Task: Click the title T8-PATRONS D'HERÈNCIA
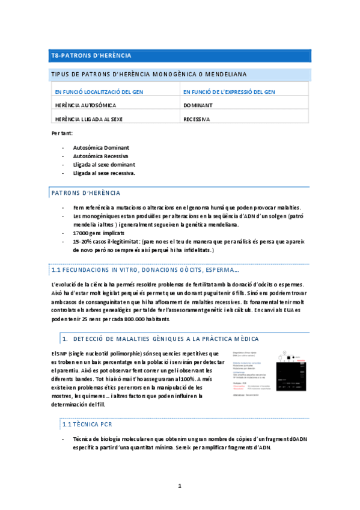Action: pyautogui.click(x=91, y=56)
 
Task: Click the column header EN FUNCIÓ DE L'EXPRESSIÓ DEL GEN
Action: pyautogui.click(x=229, y=92)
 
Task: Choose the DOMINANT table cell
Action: pyautogui.click(x=198, y=105)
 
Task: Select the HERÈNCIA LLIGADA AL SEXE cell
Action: pyautogui.click(x=88, y=119)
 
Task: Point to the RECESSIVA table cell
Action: pyautogui.click(x=197, y=119)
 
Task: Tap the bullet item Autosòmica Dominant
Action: pyautogui.click(x=101, y=147)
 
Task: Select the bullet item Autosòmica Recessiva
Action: pyautogui.click(x=100, y=156)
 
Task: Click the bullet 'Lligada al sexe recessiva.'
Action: pyautogui.click(x=104, y=173)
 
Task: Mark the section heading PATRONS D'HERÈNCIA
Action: pyautogui.click(x=86, y=193)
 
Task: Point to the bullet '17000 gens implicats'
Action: pyautogui.click(x=99, y=233)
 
